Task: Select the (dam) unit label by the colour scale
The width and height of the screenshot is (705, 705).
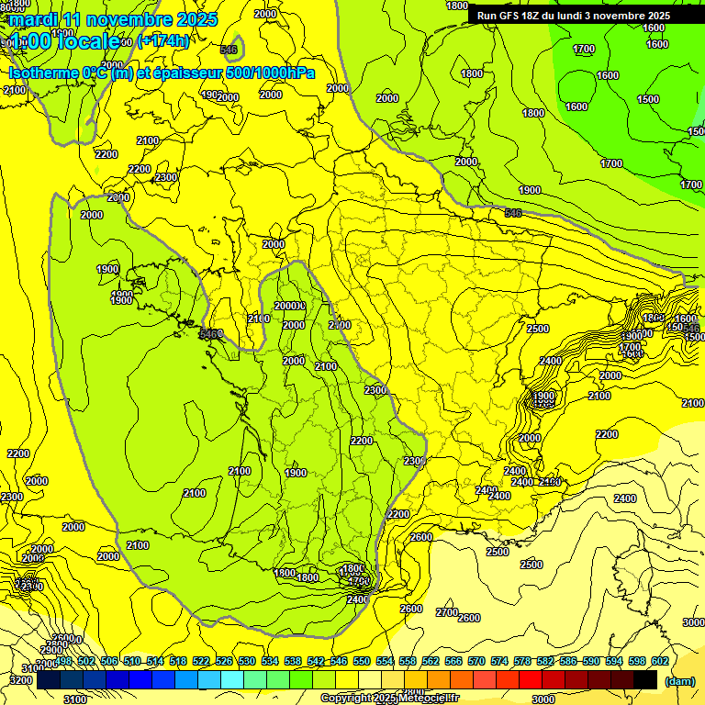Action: [679, 681]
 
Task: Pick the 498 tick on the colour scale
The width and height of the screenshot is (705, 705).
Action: [63, 661]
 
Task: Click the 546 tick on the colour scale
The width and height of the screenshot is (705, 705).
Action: [338, 661]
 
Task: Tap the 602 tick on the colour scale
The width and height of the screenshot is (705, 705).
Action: [658, 661]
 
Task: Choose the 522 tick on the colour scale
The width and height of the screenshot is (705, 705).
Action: [201, 661]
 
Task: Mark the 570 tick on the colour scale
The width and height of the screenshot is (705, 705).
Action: [476, 661]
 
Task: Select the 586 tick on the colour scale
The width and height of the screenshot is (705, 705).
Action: [567, 661]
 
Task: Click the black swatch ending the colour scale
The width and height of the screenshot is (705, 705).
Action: [645, 679]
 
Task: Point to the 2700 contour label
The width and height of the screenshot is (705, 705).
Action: [447, 612]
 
